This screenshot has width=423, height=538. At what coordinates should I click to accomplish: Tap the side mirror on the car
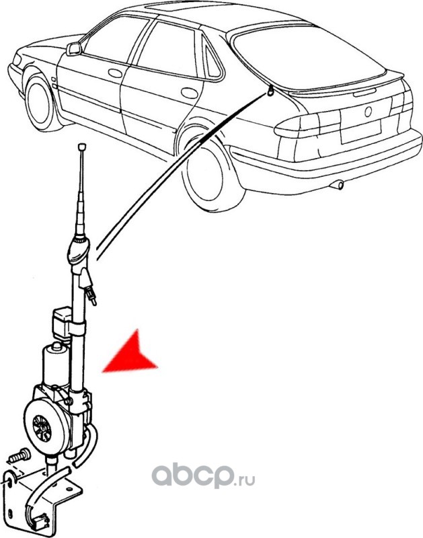[x=73, y=49]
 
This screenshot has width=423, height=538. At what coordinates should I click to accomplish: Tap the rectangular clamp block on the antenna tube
[x=63, y=318]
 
